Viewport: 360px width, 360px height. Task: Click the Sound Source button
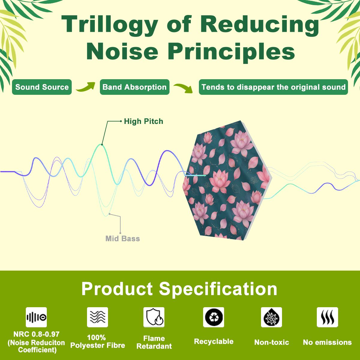coord(42,87)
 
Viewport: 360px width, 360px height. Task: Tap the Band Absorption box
coord(134,87)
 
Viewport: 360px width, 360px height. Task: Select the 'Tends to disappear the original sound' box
coord(273,87)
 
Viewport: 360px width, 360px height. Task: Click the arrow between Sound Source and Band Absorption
coord(86,87)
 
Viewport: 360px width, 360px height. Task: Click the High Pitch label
coord(143,121)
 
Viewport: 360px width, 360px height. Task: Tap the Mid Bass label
coord(123,238)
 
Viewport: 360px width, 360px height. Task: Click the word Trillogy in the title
coord(109,25)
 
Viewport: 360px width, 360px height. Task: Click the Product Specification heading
coord(179,289)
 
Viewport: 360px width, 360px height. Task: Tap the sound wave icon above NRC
coord(36,317)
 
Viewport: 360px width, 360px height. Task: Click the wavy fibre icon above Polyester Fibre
coord(97,317)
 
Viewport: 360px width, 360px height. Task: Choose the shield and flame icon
coord(154,317)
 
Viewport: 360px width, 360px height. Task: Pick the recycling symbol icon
coord(214,317)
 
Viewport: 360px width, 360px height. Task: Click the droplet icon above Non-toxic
coord(271,317)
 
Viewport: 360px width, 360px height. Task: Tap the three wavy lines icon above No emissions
coord(327,317)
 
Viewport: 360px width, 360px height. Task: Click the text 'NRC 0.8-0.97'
coord(36,334)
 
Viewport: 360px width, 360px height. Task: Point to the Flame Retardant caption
coord(154,342)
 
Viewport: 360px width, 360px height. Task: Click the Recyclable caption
coord(214,341)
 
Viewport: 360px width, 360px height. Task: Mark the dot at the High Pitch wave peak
coord(102,145)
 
